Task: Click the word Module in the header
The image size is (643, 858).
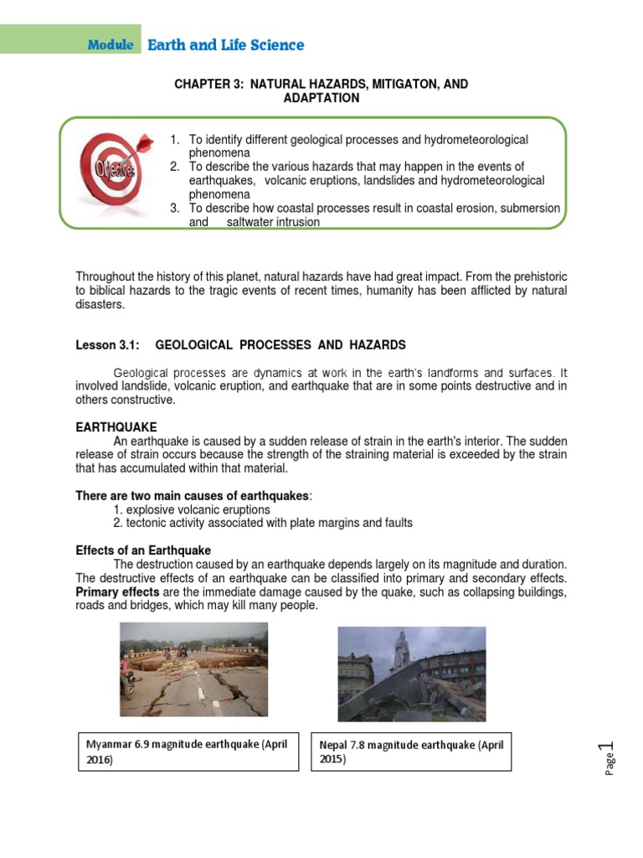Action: point(110,45)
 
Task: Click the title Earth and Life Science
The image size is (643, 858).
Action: point(225,45)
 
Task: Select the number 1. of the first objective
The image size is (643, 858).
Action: point(175,139)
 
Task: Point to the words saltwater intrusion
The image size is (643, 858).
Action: point(273,223)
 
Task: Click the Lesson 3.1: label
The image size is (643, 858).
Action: point(107,344)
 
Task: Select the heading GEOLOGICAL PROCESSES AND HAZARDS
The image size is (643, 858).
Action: point(280,344)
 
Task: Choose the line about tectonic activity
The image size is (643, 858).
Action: point(263,523)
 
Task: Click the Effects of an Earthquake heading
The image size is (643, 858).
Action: point(143,550)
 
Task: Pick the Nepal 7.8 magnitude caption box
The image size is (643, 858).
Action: point(412,752)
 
